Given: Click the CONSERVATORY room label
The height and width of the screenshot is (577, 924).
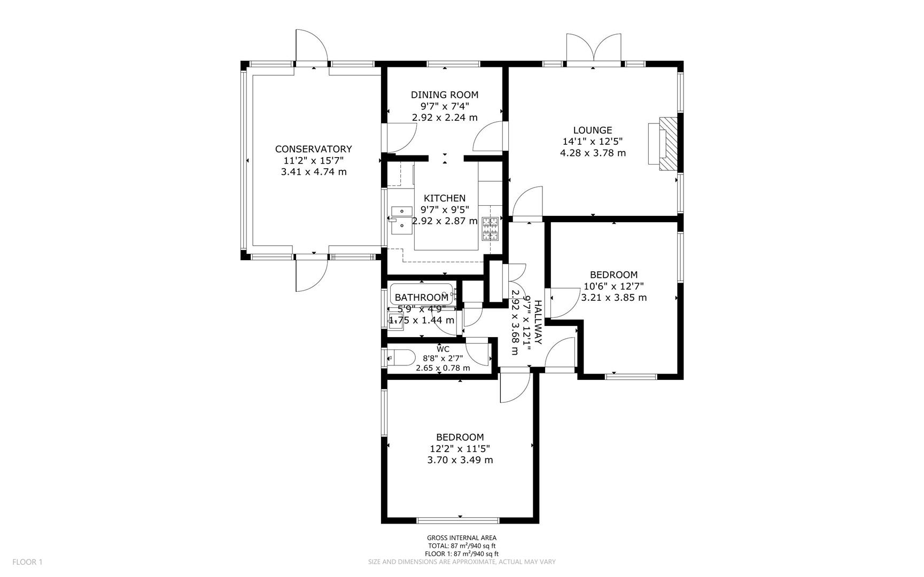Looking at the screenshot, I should [313, 149].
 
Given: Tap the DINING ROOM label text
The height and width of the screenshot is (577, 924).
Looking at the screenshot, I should [444, 95].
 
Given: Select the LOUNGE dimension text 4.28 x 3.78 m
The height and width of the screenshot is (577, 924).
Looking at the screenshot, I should [592, 153].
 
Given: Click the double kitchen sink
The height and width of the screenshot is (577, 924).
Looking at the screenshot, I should [401, 220].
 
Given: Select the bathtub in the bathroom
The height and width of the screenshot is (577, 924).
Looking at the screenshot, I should [422, 295].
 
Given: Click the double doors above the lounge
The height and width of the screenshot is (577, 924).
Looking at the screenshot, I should [594, 49].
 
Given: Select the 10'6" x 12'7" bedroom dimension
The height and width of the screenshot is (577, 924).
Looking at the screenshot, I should [614, 286].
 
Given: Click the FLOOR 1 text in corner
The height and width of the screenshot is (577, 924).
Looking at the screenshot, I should [27, 562].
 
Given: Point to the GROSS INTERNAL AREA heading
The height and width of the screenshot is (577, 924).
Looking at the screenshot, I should [461, 538].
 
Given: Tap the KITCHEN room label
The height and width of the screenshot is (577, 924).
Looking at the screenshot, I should [444, 198].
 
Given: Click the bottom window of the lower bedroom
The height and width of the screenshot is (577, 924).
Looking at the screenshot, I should [458, 519].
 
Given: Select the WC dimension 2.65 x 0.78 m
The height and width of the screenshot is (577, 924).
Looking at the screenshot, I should [443, 368].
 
